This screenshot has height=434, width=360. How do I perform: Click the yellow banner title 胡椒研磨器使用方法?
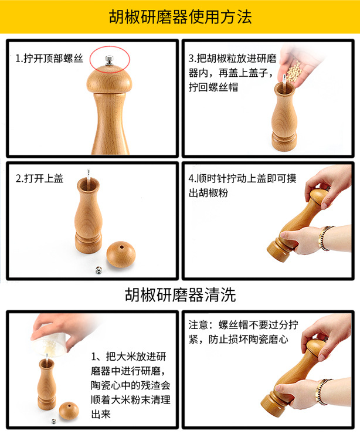coord(180,17)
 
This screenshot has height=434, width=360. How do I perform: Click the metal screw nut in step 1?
coord(108,59)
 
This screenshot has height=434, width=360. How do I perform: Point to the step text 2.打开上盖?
coord(39,178)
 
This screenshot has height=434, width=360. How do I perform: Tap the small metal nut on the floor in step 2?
coord(99,270)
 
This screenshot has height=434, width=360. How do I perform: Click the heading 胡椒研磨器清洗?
coord(180,294)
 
